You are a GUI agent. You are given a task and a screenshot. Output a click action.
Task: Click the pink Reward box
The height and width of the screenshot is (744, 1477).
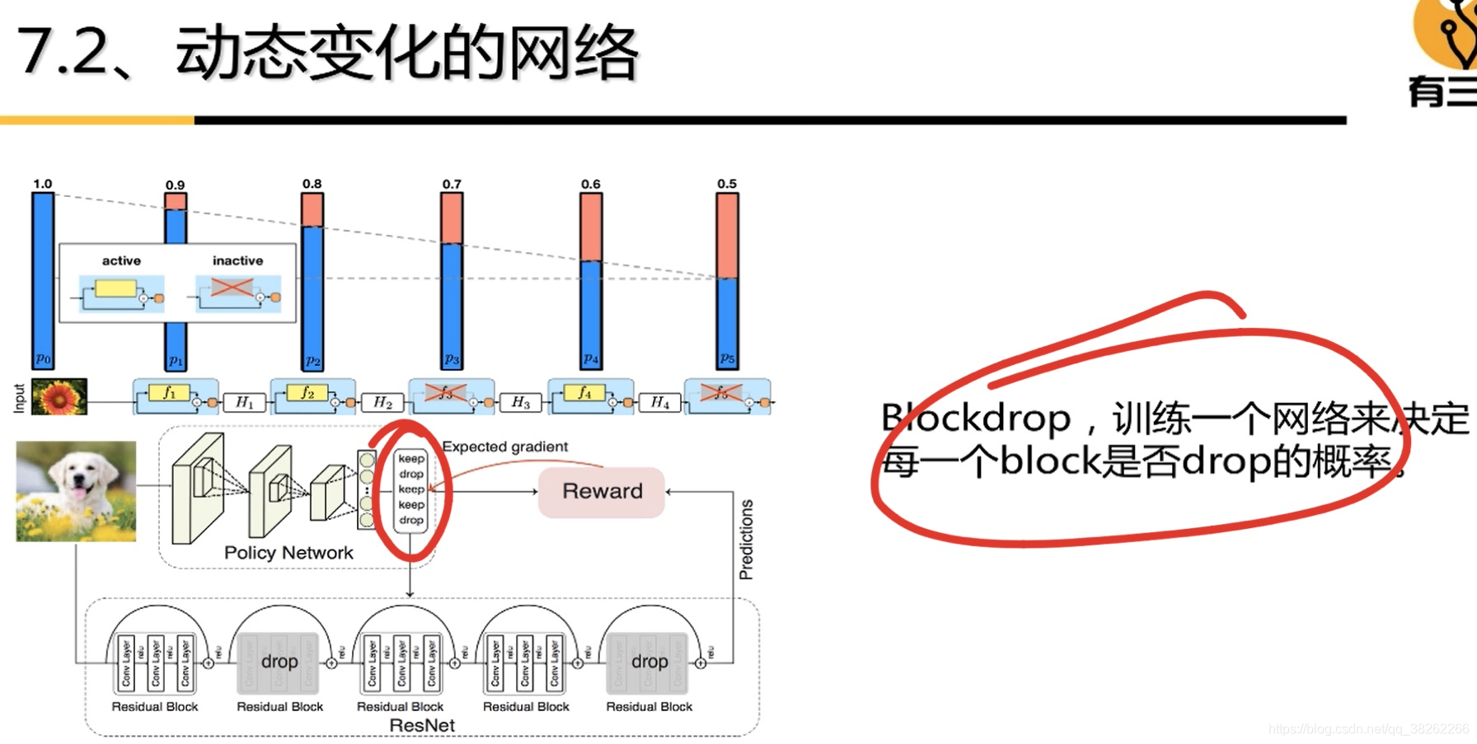point(602,492)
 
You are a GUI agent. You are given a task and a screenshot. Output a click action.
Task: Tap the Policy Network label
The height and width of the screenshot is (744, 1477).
point(288,553)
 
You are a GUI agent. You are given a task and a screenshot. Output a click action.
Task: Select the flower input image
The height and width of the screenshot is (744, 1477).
point(59,396)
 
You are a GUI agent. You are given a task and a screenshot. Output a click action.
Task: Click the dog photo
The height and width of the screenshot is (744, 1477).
point(76,491)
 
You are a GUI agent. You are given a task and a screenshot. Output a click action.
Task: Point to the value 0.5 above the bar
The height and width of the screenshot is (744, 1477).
point(726,184)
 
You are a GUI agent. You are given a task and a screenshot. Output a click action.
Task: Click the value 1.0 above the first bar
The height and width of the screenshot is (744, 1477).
point(42,184)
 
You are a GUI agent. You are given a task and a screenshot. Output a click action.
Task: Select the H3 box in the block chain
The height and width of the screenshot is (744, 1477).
point(520,402)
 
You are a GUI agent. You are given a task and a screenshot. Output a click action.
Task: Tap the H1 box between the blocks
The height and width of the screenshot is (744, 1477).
point(245,402)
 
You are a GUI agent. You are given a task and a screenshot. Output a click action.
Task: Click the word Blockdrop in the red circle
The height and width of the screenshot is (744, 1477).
point(976,419)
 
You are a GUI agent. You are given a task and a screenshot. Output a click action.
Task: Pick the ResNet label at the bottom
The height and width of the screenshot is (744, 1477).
point(422,726)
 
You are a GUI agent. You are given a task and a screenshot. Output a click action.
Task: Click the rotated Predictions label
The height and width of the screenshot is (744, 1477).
point(746,539)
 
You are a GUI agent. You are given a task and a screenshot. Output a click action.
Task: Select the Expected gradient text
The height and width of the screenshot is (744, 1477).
point(504,447)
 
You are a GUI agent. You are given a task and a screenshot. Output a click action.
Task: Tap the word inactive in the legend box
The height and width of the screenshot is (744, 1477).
point(237,261)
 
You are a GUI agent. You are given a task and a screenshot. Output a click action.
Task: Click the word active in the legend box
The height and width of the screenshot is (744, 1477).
point(121,261)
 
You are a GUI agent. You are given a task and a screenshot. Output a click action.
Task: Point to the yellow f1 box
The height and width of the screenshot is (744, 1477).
point(169,392)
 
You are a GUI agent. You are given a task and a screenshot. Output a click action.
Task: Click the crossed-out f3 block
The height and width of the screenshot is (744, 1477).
point(446,393)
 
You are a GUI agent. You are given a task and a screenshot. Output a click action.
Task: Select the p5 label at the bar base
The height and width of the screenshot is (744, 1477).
point(726,358)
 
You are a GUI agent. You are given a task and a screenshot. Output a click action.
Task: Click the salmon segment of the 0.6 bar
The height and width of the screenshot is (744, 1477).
point(591,227)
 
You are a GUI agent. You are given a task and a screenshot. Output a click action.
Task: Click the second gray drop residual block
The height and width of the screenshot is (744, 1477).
point(649,662)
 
